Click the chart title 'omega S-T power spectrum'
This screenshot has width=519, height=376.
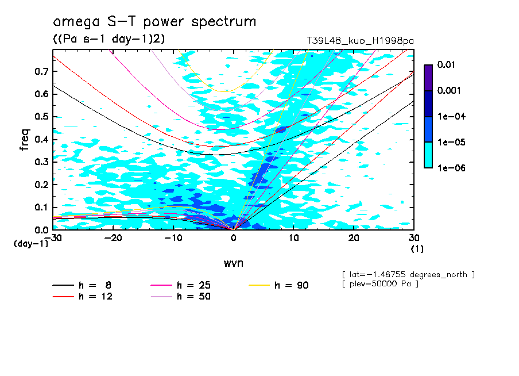coord(154,22)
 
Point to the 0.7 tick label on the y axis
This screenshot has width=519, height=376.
coord(42,71)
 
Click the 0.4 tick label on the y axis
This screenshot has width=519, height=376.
coord(42,139)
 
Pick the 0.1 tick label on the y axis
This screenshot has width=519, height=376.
coord(42,207)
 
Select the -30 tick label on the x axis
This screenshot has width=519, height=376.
coord(53,237)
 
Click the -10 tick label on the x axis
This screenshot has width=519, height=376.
coord(173,237)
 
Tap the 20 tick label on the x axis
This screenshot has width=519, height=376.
coord(354,237)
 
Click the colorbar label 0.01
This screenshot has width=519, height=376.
coord(446,65)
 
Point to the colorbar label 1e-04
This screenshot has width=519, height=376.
coord(448,117)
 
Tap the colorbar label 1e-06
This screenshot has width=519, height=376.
coord(448,168)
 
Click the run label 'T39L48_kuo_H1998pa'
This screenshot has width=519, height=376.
coord(361,40)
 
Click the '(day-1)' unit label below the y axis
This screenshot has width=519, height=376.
coord(30,244)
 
